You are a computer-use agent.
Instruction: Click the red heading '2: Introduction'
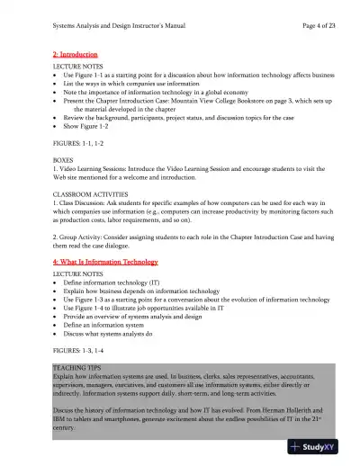[76, 56]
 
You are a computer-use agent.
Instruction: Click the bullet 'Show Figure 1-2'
[93, 128]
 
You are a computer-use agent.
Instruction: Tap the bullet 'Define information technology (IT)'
[117, 282]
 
